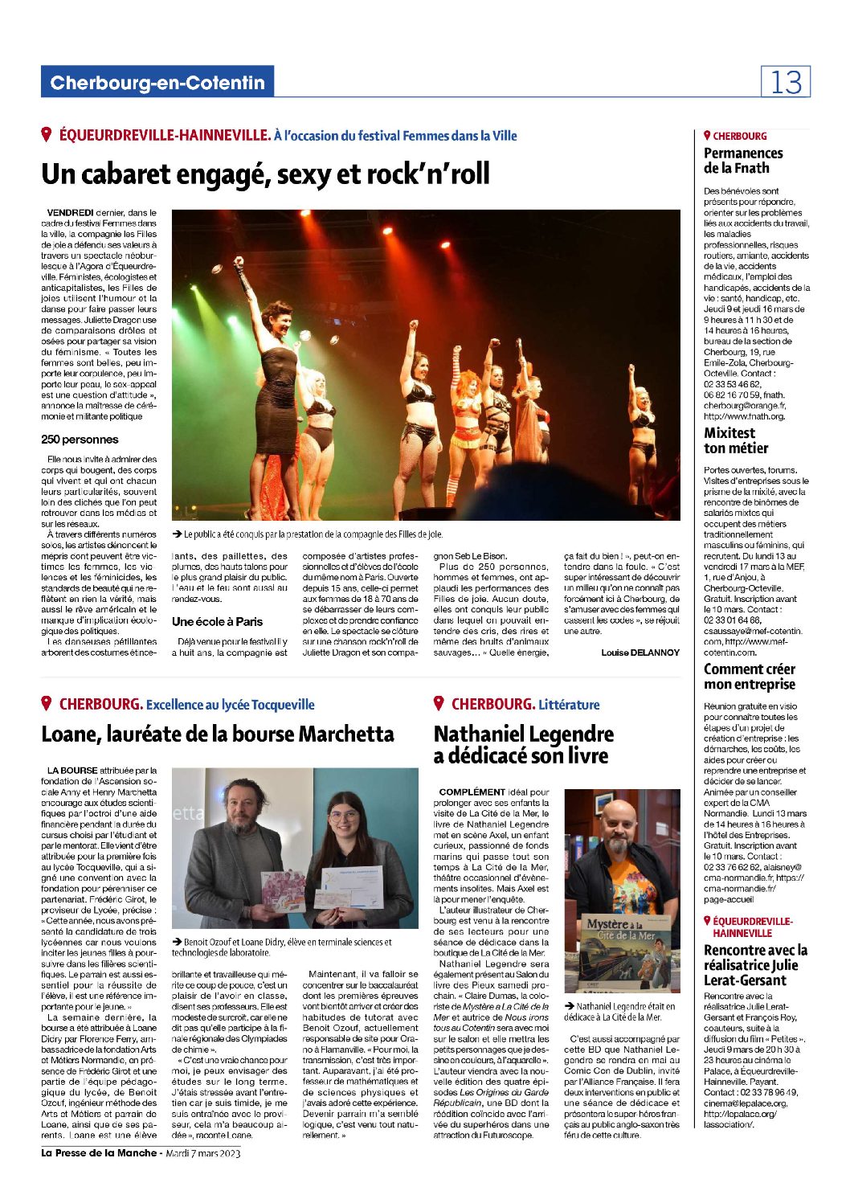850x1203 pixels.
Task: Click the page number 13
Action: [786, 82]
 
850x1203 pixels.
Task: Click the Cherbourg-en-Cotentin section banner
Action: [157, 83]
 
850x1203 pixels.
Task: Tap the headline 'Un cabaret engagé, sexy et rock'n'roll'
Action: [265, 174]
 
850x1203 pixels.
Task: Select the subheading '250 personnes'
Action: [80, 440]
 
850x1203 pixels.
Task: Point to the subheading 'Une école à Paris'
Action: [217, 621]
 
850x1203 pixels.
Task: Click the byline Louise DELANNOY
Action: [640, 653]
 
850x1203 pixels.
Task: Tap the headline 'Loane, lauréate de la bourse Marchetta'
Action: [218, 734]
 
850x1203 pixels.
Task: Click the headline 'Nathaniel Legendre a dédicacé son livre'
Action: [523, 744]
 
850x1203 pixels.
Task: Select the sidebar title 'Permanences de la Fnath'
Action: [743, 161]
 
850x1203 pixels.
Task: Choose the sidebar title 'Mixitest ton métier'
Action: [736, 440]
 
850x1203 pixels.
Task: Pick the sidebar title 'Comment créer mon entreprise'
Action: [749, 677]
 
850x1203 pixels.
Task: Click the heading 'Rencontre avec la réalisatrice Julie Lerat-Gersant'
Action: [755, 964]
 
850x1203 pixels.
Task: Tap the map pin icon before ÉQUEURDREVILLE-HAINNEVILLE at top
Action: [47, 135]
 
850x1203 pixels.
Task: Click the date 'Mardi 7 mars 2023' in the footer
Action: [202, 1154]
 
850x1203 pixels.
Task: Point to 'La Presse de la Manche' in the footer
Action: [100, 1154]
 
